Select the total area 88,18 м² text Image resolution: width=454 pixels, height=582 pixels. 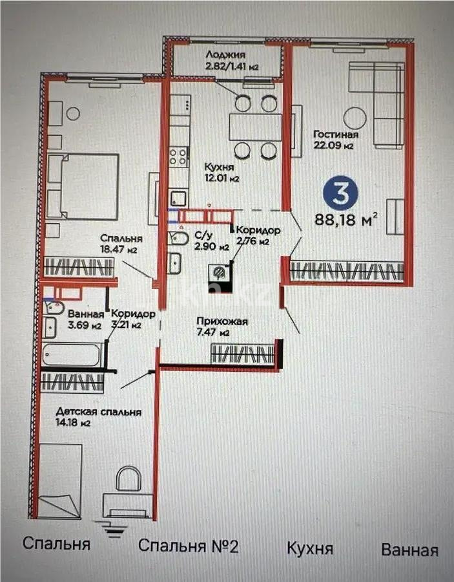346,219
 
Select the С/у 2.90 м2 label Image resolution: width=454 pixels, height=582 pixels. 211,241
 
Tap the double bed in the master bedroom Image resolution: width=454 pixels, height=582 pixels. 83,186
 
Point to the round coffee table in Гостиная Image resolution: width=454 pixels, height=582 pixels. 355,118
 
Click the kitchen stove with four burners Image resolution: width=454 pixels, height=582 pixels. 178,156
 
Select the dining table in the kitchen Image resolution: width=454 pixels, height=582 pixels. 255,127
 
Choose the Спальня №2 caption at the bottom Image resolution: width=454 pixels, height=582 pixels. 189,546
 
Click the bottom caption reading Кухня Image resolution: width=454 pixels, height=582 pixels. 310,549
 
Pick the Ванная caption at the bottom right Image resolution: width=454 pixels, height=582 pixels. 409,550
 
